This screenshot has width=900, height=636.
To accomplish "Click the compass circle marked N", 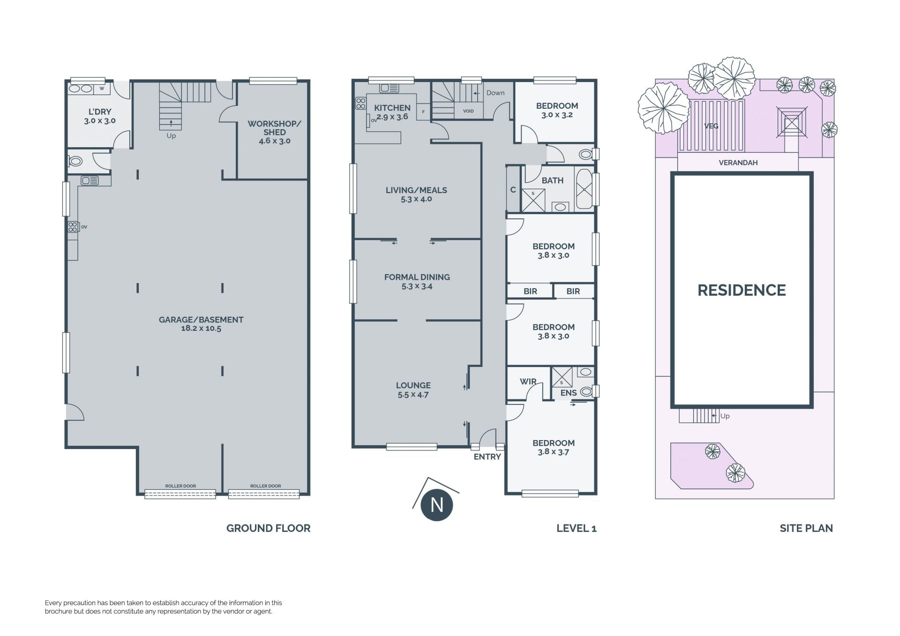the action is click(437, 505).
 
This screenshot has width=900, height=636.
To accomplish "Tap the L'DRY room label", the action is click(100, 112).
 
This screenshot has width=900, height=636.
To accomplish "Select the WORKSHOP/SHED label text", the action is click(274, 128).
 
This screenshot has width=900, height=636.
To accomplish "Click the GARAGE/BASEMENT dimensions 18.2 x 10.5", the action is click(201, 329).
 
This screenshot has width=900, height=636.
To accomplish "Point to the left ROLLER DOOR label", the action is click(180, 486).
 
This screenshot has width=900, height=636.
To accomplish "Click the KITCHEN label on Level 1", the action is click(392, 108).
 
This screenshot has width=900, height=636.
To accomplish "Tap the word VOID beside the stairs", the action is click(468, 111).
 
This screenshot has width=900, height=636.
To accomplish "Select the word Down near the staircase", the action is click(495, 93).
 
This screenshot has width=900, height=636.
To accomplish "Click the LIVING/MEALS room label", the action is click(416, 190).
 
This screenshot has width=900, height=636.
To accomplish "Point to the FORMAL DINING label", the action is click(417, 277).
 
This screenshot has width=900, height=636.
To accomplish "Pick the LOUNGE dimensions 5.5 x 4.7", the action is click(413, 395).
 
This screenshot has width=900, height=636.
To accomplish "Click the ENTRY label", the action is click(487, 457).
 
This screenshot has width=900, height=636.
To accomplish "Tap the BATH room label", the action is click(553, 180).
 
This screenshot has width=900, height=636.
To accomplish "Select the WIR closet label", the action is click(528, 382).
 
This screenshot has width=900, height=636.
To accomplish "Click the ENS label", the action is click(569, 393).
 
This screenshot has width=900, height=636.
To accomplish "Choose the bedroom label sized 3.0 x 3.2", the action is click(557, 106).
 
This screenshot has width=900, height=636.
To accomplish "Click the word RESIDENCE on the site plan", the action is click(742, 290).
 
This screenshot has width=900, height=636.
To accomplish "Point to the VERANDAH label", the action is click(738, 163).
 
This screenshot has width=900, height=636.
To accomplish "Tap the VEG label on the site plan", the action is click(711, 126).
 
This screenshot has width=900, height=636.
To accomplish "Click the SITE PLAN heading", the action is click(806, 528).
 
